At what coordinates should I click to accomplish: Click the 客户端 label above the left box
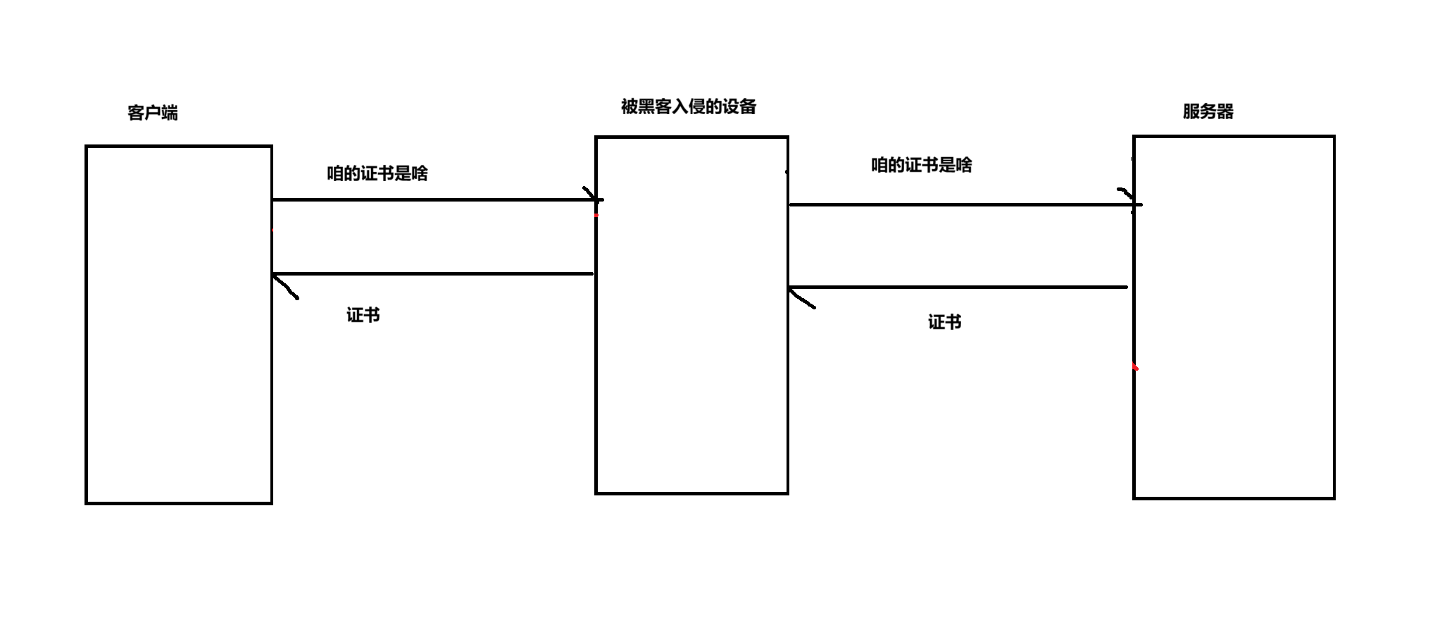click(x=153, y=113)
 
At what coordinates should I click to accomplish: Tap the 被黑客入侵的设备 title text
click(x=688, y=106)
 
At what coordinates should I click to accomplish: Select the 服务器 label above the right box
click(x=1208, y=111)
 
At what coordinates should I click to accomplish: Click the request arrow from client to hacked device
click(x=433, y=199)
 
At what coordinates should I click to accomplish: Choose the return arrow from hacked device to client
click(x=433, y=273)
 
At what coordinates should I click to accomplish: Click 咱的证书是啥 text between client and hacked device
click(x=377, y=173)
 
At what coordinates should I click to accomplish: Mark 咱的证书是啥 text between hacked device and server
click(x=922, y=165)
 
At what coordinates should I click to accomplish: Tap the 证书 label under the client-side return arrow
click(x=363, y=315)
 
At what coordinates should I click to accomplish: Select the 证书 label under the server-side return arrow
click(x=944, y=322)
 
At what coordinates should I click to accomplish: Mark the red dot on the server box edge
click(x=1135, y=367)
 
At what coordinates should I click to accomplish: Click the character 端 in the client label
click(x=170, y=113)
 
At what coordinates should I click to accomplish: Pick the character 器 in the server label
click(x=1225, y=111)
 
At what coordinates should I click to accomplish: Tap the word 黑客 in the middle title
click(x=654, y=106)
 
